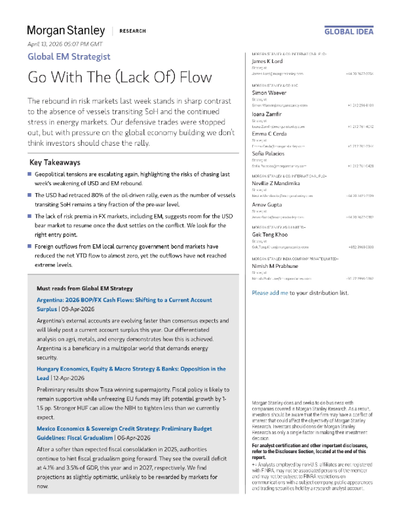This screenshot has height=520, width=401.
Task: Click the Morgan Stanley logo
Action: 66,30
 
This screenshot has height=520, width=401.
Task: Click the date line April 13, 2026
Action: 65,43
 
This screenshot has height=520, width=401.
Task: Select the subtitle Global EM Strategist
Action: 68,57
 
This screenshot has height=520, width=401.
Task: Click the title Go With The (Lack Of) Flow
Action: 120,77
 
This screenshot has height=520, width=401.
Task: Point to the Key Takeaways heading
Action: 55,162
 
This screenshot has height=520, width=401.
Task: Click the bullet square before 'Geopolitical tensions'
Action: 29,174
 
